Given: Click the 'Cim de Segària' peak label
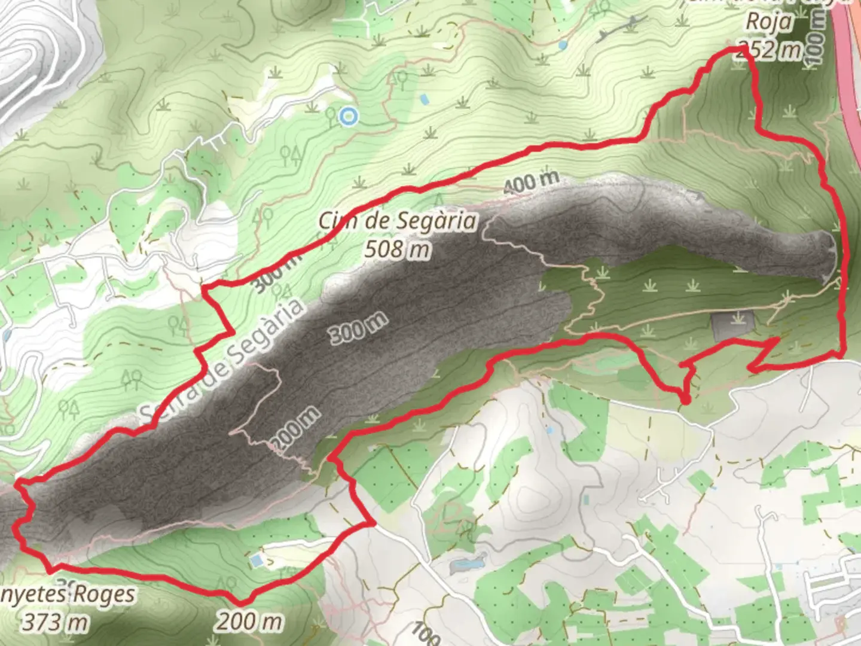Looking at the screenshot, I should (398, 221).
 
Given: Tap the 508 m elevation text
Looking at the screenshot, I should (398, 248).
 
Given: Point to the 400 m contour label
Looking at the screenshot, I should (531, 182).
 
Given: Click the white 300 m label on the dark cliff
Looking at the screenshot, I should (358, 327).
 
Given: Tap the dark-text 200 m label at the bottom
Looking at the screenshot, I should (249, 622).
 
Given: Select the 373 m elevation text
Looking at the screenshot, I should (55, 623).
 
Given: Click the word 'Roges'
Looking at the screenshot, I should (103, 595).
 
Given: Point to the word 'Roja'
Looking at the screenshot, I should (769, 22).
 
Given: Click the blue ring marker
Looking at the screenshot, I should (348, 117).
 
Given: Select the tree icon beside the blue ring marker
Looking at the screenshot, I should (331, 116).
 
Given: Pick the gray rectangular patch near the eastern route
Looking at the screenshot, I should (733, 326).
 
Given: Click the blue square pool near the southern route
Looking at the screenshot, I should (257, 560).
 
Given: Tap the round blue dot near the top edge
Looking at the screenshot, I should (563, 45).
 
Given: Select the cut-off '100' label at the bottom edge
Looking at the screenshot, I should (426, 633).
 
